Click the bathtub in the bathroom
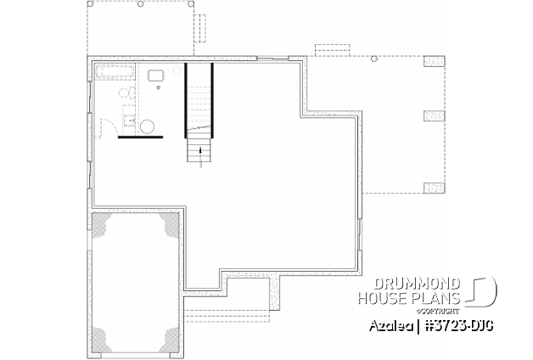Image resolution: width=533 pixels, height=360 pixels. point(115,71)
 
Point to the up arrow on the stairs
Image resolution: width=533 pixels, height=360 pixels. point(200,152)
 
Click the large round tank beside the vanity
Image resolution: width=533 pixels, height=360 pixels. point(148,127)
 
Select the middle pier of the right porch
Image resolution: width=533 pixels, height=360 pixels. point(435,116)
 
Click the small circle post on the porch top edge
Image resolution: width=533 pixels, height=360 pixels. point(374,59)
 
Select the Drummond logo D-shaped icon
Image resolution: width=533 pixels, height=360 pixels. point(485,292)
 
